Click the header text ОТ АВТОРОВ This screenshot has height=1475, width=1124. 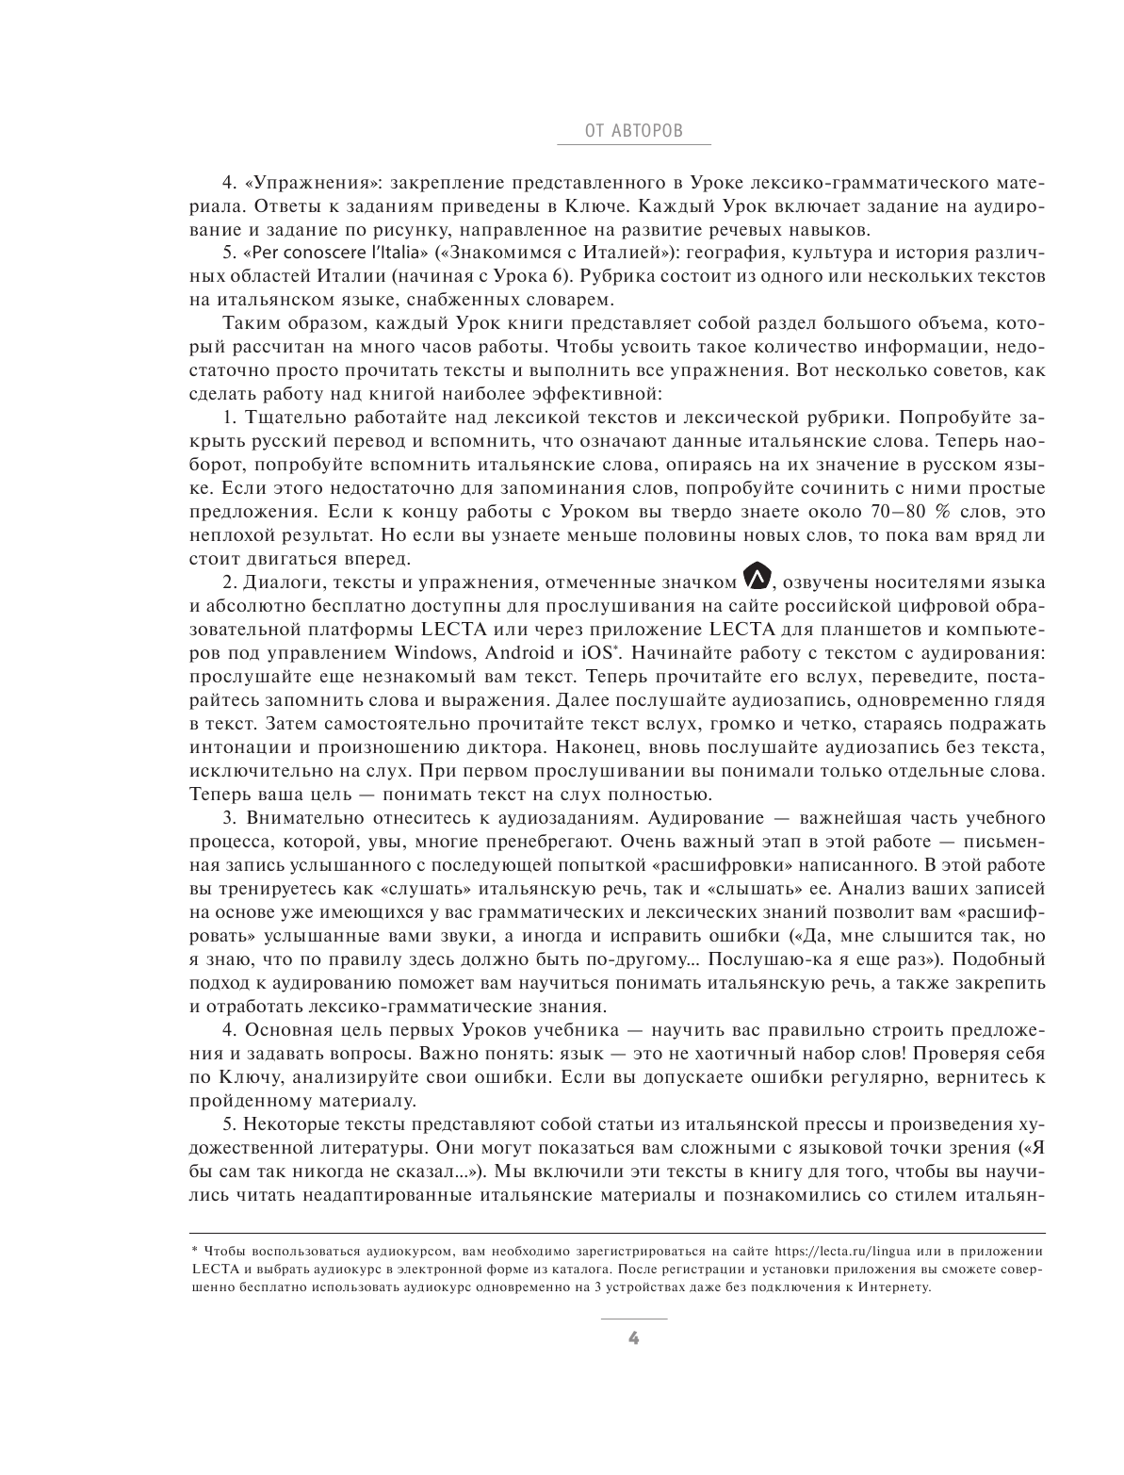pyautogui.click(x=633, y=131)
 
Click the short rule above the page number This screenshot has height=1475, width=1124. pyautogui.click(x=633, y=1319)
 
